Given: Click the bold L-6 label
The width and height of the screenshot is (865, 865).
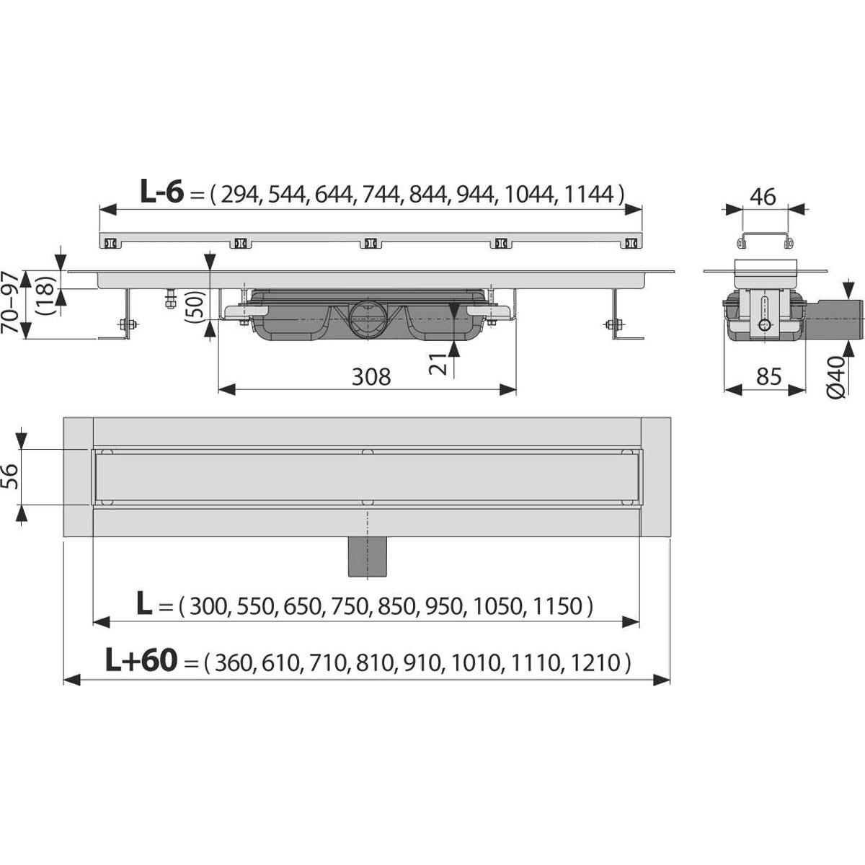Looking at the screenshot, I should pyautogui.click(x=162, y=192).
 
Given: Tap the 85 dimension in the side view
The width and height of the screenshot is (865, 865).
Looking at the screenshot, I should pyautogui.click(x=768, y=376).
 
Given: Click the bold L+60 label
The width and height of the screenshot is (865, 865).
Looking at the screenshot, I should pyautogui.click(x=141, y=662).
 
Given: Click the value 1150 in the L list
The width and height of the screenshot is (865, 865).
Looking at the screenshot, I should pyautogui.click(x=557, y=607).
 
